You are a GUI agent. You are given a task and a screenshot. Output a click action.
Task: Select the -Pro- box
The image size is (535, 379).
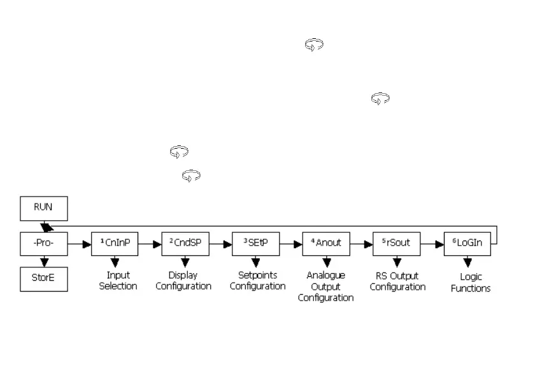(x=43, y=244)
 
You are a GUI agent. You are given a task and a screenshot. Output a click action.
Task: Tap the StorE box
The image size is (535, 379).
(x=43, y=279)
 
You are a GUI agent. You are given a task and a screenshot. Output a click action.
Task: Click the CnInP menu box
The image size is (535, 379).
(x=115, y=244)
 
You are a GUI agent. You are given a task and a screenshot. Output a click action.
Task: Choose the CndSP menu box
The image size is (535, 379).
(x=185, y=244)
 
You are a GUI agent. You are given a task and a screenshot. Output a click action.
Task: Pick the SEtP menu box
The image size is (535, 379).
(x=255, y=244)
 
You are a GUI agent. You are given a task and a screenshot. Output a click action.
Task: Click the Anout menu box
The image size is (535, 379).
(x=326, y=244)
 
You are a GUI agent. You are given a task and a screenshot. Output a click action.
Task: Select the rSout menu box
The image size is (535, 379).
(x=397, y=244)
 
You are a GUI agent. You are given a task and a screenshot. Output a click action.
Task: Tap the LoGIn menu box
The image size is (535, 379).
(x=467, y=244)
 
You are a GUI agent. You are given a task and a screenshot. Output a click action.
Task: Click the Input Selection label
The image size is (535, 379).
(x=118, y=281)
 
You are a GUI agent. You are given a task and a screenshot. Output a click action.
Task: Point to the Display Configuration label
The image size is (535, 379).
(x=183, y=281)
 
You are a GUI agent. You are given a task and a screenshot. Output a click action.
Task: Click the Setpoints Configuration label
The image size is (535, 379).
(x=257, y=281)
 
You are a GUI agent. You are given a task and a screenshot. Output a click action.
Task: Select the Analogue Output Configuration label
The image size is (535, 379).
(x=326, y=286)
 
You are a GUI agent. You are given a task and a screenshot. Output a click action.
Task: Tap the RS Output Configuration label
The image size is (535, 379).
(x=397, y=281)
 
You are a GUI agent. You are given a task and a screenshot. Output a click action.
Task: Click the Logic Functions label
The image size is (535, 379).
(x=471, y=283)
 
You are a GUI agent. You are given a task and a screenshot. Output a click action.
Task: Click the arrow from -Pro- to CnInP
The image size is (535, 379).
(x=79, y=244)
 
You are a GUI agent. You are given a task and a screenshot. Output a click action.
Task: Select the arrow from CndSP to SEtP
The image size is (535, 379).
(x=220, y=244)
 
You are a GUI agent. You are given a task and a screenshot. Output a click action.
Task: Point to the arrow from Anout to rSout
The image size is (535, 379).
(x=361, y=244)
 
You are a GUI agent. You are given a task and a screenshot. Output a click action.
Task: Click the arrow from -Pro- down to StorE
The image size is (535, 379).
(x=43, y=262)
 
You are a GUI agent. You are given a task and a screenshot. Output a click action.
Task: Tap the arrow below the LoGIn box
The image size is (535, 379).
(x=467, y=262)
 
